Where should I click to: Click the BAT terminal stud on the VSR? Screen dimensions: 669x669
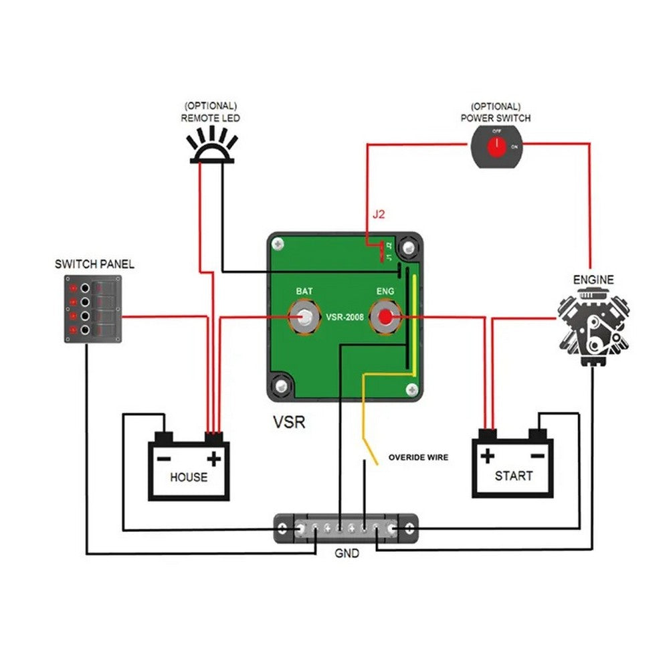305,317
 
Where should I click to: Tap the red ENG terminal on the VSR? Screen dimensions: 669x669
386,317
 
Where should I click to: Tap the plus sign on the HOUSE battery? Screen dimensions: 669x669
213,459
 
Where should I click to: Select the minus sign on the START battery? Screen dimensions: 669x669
537,456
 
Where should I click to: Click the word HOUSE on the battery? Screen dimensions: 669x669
189,478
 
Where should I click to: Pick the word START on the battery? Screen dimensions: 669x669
513,476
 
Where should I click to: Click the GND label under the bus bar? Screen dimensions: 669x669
346,554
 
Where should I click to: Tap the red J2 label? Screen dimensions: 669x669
379,215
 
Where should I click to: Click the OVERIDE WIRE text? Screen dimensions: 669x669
419,458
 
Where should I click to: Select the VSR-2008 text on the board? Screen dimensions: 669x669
345,317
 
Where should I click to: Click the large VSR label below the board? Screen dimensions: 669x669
289,423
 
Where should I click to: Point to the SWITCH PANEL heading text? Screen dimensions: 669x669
94,264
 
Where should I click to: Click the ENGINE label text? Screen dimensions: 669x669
593,279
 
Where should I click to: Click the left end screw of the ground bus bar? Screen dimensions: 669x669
284,529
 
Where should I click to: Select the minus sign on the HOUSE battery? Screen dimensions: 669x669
164,459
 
